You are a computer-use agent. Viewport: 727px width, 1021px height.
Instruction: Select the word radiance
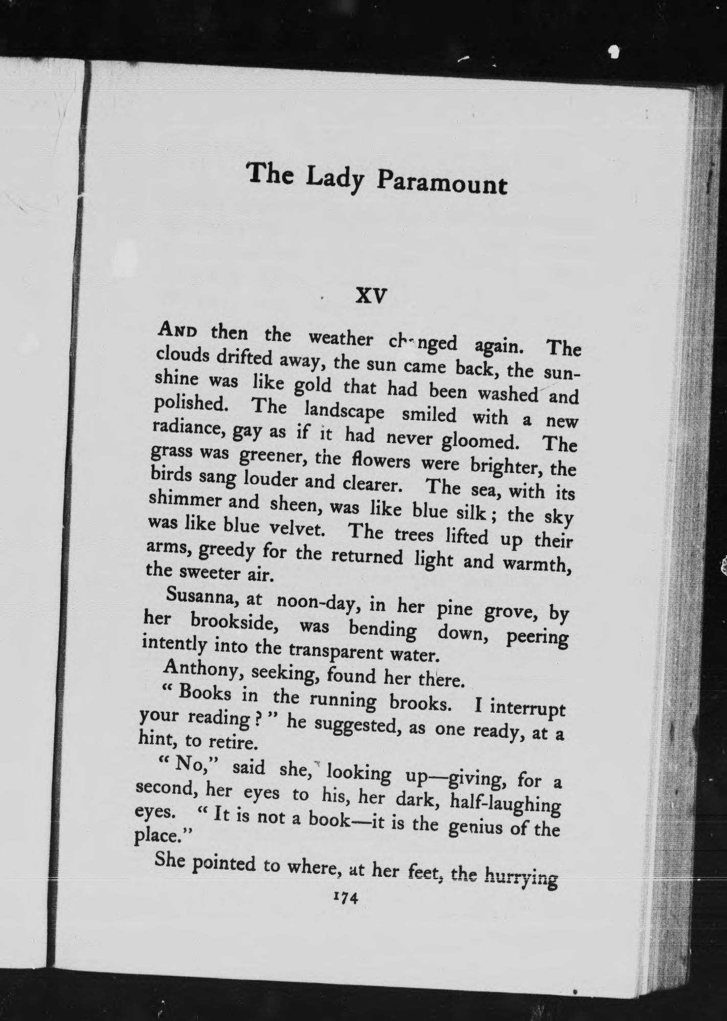(x=188, y=429)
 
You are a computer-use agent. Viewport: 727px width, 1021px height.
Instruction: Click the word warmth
(x=536, y=562)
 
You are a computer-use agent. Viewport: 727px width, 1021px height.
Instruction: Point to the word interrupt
(x=527, y=709)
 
